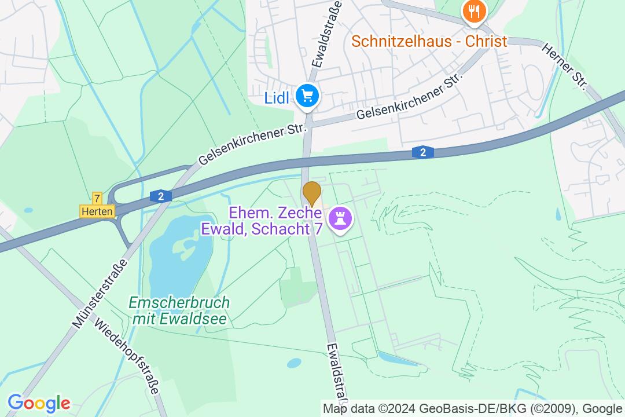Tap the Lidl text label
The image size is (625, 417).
(276, 97)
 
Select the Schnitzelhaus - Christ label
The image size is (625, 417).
(429, 42)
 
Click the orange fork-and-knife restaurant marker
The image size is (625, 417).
(474, 10)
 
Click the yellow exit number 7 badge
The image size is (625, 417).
(97, 198)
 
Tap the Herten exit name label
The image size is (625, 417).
(97, 211)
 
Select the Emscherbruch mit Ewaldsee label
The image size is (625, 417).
(179, 310)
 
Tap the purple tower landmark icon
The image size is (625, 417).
(339, 218)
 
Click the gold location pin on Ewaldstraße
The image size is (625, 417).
(312, 193)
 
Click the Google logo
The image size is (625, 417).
(39, 403)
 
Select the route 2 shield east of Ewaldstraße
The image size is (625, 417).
(423, 152)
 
